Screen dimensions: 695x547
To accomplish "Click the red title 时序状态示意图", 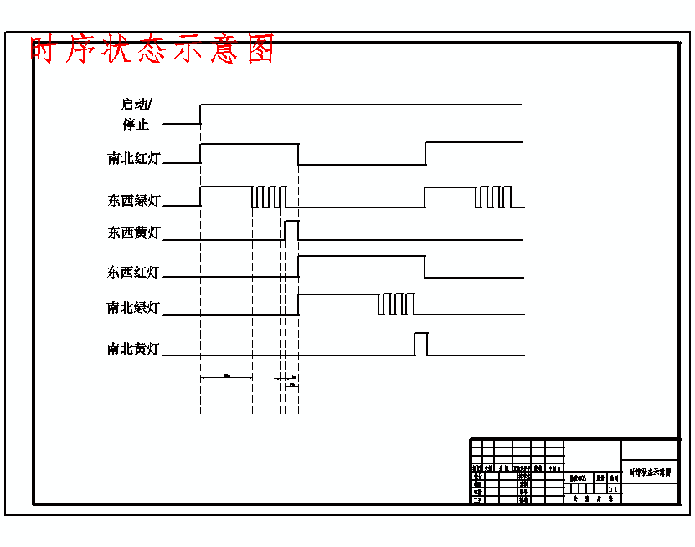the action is (x=152, y=50).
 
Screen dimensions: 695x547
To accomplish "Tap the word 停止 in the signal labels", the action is (x=135, y=125).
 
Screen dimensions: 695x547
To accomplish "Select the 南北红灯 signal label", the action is (x=134, y=158).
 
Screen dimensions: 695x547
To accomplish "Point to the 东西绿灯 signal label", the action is (x=134, y=201).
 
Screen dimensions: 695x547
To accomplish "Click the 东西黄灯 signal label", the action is (x=134, y=233).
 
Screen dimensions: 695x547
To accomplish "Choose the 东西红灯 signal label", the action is (x=134, y=272).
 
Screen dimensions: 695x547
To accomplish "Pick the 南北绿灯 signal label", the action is (x=134, y=308).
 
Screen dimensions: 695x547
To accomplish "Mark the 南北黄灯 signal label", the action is (x=134, y=349).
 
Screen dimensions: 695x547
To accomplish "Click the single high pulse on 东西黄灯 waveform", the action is (x=291, y=230).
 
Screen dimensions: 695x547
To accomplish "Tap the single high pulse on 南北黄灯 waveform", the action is (x=420, y=344).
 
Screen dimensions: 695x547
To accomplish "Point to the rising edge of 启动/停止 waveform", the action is (x=201, y=114).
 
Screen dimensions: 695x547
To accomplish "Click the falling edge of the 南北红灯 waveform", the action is (x=299, y=154).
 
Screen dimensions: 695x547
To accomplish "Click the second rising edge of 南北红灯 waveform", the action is (x=425, y=154).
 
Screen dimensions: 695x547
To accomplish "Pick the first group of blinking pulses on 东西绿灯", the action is (x=269, y=197).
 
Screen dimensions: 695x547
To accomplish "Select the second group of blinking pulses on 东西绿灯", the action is (x=492, y=197).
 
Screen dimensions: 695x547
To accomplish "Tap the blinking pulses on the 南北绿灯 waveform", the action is (x=396, y=304).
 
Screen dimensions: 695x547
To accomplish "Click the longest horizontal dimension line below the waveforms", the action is (x=226, y=378).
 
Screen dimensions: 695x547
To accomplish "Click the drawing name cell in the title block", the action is (x=649, y=472).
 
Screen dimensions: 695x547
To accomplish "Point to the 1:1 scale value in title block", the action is (x=613, y=489).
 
